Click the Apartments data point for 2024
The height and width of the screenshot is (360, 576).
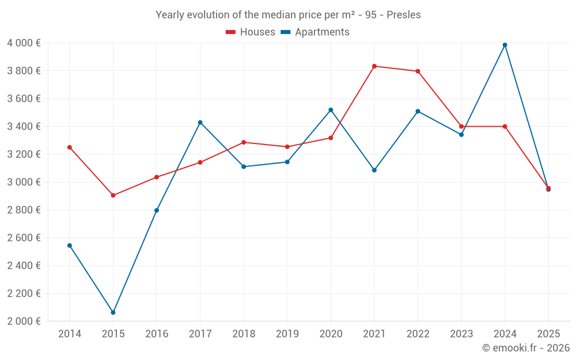pos(505,45)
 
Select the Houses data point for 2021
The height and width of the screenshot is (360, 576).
pos(374,66)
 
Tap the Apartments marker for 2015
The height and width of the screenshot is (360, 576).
pos(113,312)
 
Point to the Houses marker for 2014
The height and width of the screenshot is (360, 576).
pos(70,147)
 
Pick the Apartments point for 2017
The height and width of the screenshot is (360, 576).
pos(200,122)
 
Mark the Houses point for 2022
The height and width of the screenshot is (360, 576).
pos(418,71)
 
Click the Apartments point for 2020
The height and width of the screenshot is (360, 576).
pos(331,110)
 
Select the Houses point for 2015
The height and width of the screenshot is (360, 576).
pos(113,195)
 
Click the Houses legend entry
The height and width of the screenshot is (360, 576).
pos(257,32)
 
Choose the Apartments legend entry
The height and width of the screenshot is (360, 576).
pos(322,32)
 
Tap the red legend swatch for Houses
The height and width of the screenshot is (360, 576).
pos(230,32)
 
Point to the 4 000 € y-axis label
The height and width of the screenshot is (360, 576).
pos(24,43)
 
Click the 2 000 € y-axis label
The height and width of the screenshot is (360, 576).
pos(24,321)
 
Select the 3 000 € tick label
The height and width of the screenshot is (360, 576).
pos(24,182)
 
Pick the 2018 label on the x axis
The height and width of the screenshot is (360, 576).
pos(244,334)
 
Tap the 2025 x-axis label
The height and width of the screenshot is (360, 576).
pos(548,334)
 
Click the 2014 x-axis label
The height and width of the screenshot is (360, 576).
pos(70,334)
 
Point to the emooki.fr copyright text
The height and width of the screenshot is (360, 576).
pos(526,348)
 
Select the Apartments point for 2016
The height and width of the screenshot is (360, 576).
pos(157,210)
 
